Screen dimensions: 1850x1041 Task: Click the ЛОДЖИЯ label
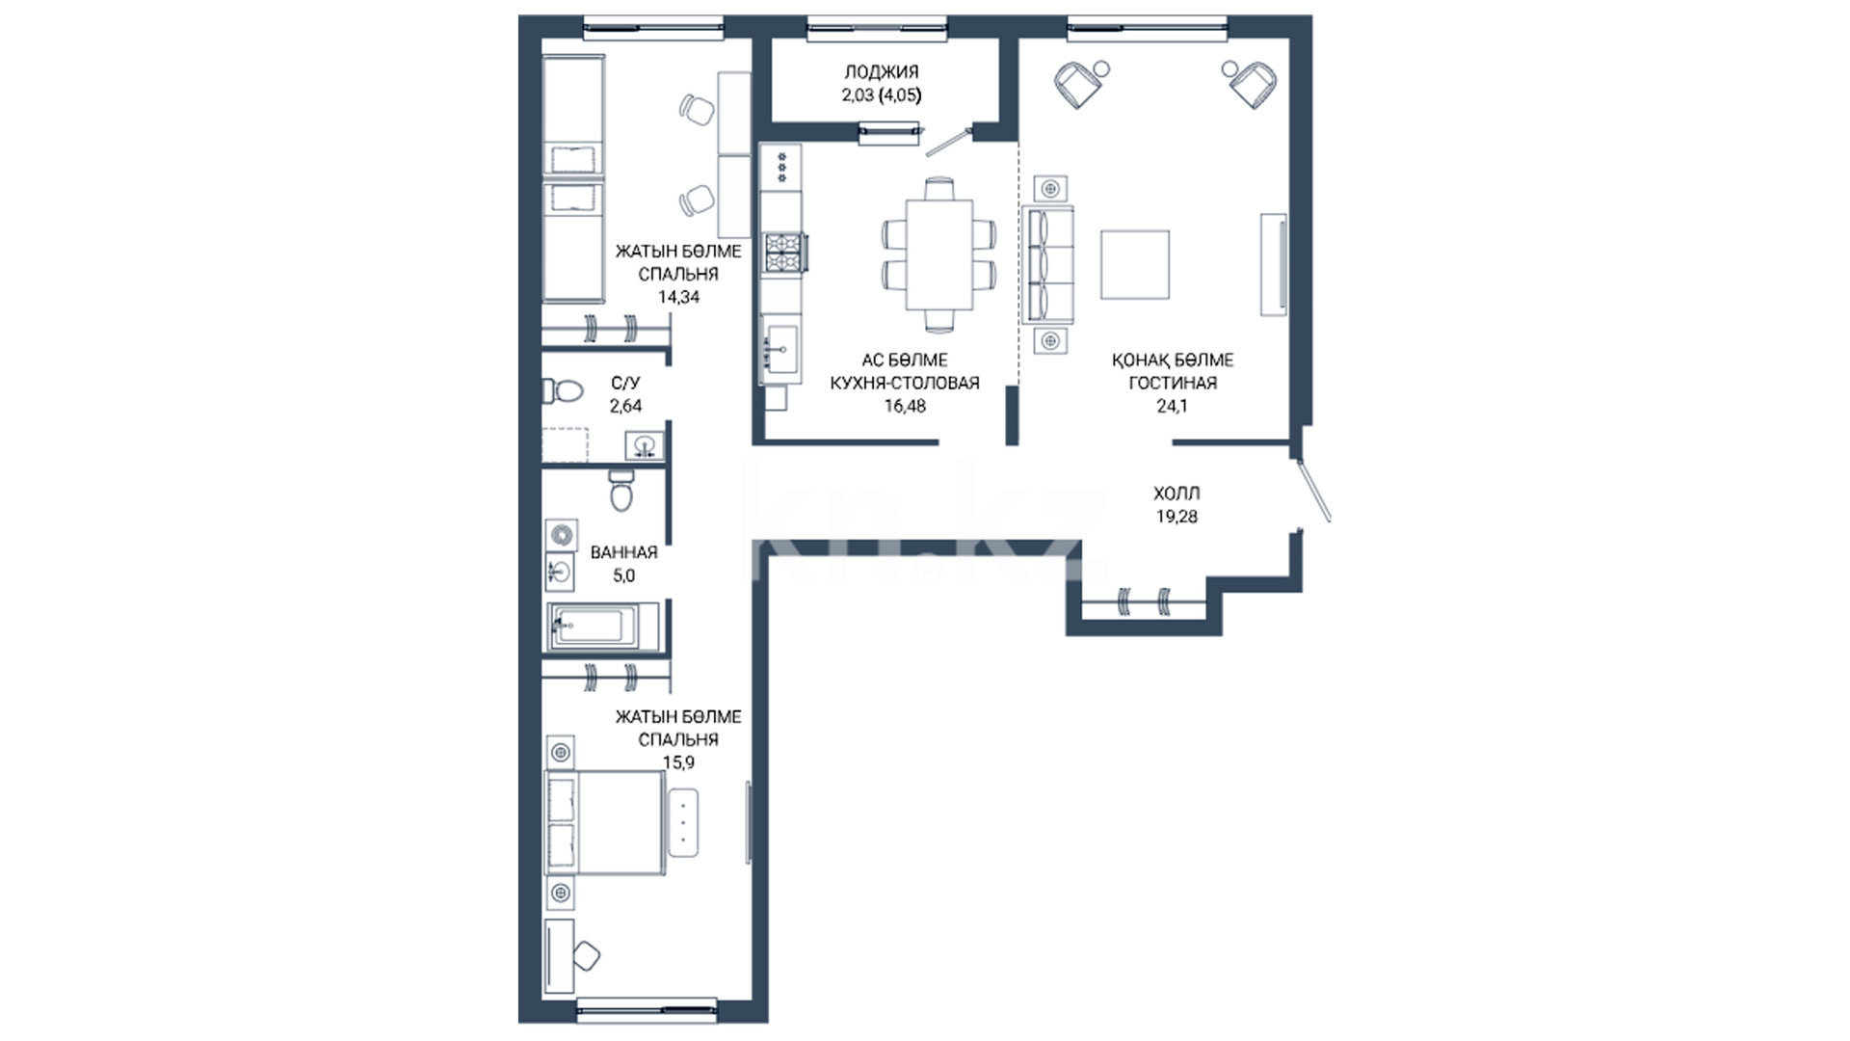pyautogui.click(x=881, y=71)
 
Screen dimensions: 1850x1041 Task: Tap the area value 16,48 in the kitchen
pyautogui.click(x=905, y=406)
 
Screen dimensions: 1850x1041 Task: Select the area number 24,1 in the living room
pyautogui.click(x=1172, y=406)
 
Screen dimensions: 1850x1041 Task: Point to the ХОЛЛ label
pyautogui.click(x=1176, y=494)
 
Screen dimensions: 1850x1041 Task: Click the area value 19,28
pyautogui.click(x=1176, y=517)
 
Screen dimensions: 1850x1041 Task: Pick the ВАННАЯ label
pyautogui.click(x=623, y=552)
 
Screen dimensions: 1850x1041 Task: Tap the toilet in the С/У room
pyautogui.click(x=563, y=391)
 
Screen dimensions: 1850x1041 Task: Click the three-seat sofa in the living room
pyautogui.click(x=1046, y=264)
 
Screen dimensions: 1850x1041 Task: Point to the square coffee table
pyautogui.click(x=1136, y=264)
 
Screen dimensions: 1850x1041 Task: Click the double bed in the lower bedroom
pyautogui.click(x=605, y=822)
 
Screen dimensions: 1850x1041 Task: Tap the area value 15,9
pyautogui.click(x=678, y=762)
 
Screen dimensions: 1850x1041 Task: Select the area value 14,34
pyautogui.click(x=678, y=297)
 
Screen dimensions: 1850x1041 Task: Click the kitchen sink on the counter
pyautogui.click(x=780, y=348)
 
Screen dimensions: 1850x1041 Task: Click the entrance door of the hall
pyautogui.click(x=1314, y=491)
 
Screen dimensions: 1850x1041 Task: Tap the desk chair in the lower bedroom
pyautogui.click(x=585, y=956)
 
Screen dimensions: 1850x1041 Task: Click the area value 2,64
pyautogui.click(x=625, y=406)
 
